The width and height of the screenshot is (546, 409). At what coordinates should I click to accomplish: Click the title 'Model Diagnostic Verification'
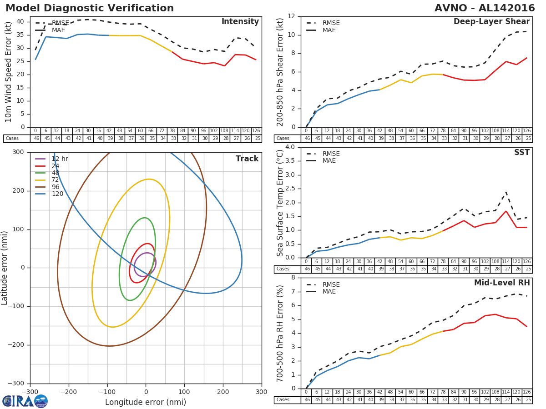coord(90,8)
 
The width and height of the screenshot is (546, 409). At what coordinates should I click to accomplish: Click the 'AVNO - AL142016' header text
coord(485,8)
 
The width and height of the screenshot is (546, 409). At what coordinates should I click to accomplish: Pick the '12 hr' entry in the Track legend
coord(60,159)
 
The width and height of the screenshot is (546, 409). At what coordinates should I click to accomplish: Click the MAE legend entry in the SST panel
coord(329,161)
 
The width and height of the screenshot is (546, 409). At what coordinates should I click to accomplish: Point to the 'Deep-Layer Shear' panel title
coord(491,22)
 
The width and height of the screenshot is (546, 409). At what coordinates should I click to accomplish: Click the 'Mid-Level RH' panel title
coord(502,283)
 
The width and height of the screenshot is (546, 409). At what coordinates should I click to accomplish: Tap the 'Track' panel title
coord(247,159)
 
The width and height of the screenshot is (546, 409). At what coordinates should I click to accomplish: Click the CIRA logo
coord(25,401)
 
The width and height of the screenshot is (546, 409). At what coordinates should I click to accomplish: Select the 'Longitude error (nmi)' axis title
coord(146,402)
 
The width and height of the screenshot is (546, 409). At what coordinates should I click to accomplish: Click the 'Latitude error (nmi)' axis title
coord(5,268)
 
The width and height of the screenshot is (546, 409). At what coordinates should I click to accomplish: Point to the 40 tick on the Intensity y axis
coord(20,21)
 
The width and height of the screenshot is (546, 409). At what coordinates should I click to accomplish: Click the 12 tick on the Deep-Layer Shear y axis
coord(291,16)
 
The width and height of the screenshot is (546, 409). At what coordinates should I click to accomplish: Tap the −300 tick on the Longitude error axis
coord(30,392)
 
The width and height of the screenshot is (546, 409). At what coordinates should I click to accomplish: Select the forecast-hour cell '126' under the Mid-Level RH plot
coord(526,392)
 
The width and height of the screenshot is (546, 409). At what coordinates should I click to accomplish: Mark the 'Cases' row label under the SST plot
coord(283,269)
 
